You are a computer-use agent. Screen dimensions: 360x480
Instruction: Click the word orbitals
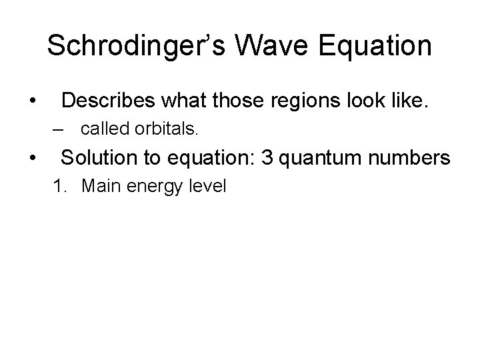click(167, 129)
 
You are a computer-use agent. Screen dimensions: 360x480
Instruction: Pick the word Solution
click(97, 158)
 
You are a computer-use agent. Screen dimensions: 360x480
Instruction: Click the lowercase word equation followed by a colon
click(196, 159)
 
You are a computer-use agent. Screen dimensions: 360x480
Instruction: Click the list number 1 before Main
click(61, 186)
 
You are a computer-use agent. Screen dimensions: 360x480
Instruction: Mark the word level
click(207, 186)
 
